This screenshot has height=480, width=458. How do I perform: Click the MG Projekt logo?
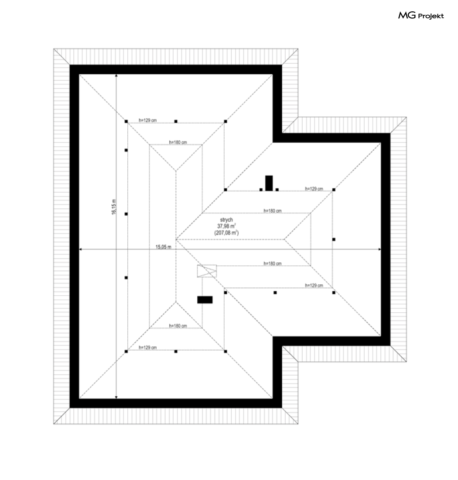pos(421,16)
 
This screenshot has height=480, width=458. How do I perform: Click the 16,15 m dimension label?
pos(113,206)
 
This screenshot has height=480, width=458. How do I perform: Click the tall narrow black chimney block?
pos(269,183)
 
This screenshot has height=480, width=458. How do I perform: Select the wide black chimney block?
pos(205,300)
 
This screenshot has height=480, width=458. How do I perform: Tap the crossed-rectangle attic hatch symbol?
pos(207,271)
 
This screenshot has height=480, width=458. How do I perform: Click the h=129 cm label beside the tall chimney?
pos(314,189)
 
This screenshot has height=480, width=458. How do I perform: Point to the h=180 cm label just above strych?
pos(273,211)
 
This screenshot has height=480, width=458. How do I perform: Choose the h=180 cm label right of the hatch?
pos(273,263)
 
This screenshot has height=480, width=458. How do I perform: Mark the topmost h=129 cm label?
pos(147,120)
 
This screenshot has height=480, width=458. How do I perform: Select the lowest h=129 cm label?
pos(147,348)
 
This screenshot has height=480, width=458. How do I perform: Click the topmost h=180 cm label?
pos(178,142)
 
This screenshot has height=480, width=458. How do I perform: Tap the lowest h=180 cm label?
pos(178,326)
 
